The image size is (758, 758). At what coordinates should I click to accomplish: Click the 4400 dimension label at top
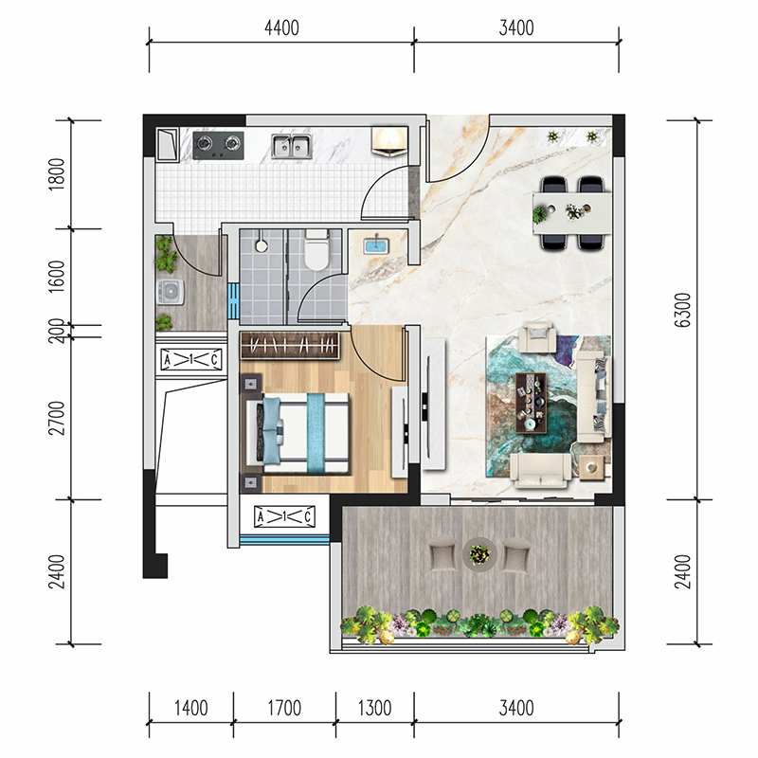(281, 28)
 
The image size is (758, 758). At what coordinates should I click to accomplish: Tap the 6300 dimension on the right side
(682, 310)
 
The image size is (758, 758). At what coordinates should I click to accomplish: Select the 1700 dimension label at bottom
(284, 708)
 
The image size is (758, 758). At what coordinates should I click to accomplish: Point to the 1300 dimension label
(374, 708)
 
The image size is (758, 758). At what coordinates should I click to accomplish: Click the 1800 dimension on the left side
(57, 174)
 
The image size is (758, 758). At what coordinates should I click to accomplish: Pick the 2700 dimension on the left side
(57, 418)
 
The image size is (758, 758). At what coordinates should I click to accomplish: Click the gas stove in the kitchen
(218, 145)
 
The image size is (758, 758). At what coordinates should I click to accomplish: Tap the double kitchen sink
(291, 146)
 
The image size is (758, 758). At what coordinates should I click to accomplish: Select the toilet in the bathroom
(316, 249)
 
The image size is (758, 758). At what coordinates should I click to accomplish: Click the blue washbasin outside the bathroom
(375, 244)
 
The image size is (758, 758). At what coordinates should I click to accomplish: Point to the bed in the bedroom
(298, 434)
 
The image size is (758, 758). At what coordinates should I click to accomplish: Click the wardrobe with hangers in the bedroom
(289, 346)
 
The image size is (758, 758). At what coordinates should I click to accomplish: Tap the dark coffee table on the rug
(531, 402)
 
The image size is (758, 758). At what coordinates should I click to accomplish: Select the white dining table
(572, 213)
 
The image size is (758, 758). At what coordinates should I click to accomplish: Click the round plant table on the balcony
(479, 553)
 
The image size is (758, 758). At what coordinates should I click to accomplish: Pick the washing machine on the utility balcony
(171, 292)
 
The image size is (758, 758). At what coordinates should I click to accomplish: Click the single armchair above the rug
(537, 336)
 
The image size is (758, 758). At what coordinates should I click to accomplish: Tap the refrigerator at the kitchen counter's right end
(389, 141)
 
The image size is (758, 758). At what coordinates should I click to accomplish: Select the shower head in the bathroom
(262, 244)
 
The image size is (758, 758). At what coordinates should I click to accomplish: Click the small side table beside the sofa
(591, 467)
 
